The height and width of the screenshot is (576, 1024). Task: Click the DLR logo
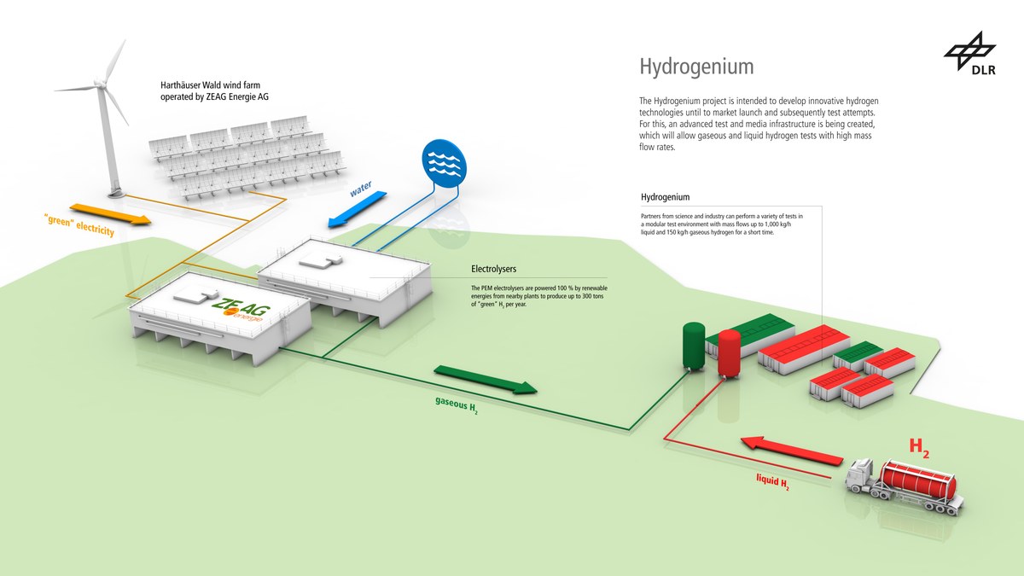pyautogui.click(x=969, y=53)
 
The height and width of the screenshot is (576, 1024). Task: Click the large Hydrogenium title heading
pyautogui.click(x=696, y=67)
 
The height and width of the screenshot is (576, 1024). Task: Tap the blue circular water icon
pyautogui.click(x=445, y=163)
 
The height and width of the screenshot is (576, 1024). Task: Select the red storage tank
pyautogui.click(x=729, y=355)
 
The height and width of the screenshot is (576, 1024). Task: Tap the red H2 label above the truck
pyautogui.click(x=919, y=445)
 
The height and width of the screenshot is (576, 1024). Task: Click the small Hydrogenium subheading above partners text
pyautogui.click(x=665, y=197)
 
